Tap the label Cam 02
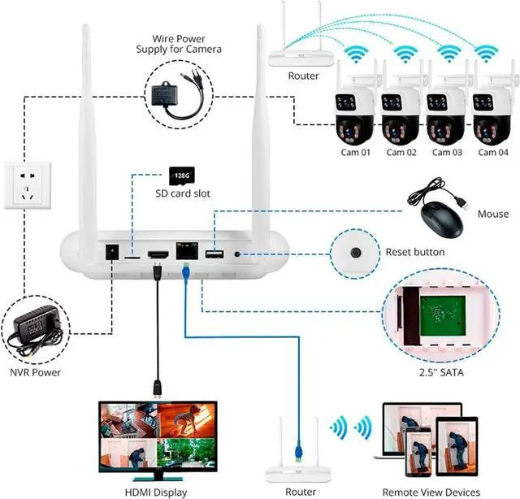401,152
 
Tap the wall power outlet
26,184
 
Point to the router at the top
300,56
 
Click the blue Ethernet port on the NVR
186,254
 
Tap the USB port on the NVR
214,255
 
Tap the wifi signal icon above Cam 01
355,54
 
